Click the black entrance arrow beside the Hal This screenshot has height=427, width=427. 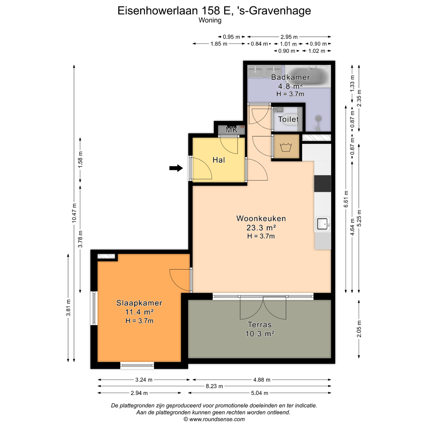(176, 168)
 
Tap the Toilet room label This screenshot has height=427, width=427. (289, 119)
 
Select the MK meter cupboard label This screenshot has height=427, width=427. (232, 130)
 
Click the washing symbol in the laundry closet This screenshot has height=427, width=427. (286, 147)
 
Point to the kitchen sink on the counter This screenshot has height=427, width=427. (323, 224)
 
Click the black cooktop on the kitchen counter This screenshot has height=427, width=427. (322, 184)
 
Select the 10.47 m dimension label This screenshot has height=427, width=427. (74, 213)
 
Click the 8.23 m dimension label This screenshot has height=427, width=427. (214, 386)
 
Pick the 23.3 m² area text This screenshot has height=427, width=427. (261, 227)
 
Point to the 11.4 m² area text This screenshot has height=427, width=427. (139, 312)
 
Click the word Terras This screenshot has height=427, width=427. (260, 325)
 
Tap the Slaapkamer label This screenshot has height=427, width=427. (139, 303)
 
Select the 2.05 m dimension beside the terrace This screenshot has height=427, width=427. (359, 329)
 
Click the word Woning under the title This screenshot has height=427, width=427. (210, 20)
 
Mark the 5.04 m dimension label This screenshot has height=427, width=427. (259, 393)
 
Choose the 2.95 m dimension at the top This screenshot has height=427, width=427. (289, 37)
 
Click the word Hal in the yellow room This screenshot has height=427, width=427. (219, 160)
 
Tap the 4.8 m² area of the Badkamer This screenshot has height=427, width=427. (291, 86)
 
